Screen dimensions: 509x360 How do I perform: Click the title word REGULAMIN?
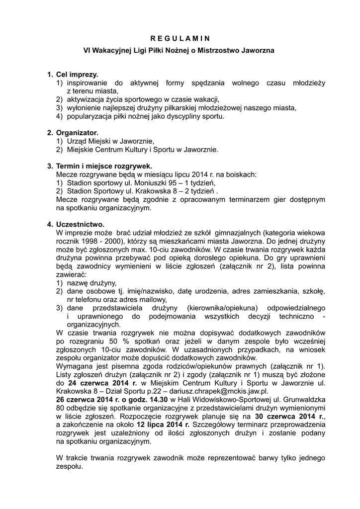(x=180, y=38)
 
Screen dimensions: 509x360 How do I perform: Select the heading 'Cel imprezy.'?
(x=77, y=75)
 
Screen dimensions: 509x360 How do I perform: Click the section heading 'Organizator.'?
(x=77, y=133)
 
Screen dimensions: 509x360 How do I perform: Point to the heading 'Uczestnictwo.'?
(x=80, y=224)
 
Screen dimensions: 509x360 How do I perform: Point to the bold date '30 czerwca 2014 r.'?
(x=289, y=416)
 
